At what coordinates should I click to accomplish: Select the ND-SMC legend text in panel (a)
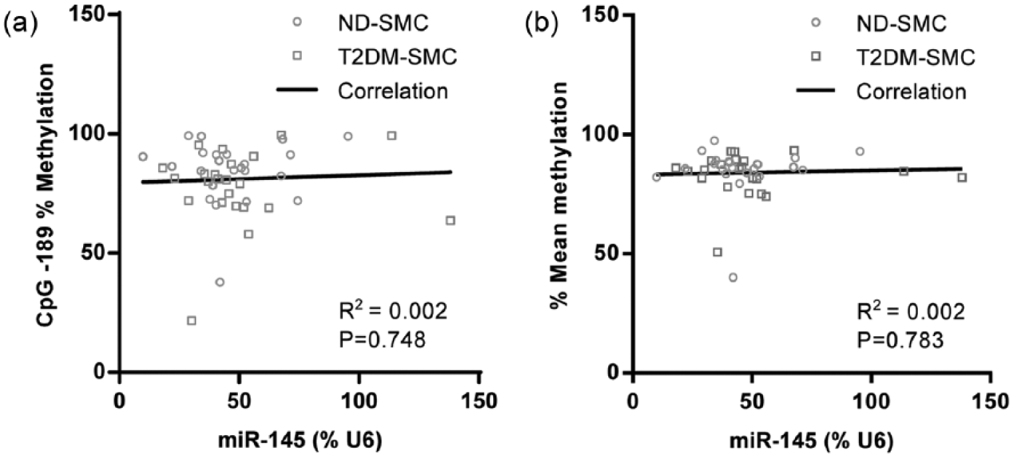click(x=383, y=23)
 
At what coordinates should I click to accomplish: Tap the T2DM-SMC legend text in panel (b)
click(x=915, y=57)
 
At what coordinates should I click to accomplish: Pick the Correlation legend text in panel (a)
click(x=393, y=91)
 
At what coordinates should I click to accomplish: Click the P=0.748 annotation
click(x=382, y=339)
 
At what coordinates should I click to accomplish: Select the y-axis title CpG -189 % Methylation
click(x=46, y=195)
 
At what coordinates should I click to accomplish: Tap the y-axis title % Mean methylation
click(x=559, y=196)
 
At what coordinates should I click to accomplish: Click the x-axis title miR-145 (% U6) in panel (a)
click(x=300, y=440)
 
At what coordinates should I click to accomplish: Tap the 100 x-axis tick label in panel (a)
click(x=359, y=401)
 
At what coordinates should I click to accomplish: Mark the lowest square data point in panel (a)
click(x=191, y=320)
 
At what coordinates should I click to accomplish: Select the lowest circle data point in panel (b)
click(x=733, y=278)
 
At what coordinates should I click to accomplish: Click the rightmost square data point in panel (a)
click(x=450, y=221)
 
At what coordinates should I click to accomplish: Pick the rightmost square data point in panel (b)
click(x=962, y=177)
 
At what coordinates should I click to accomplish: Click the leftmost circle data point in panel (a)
click(x=143, y=156)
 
